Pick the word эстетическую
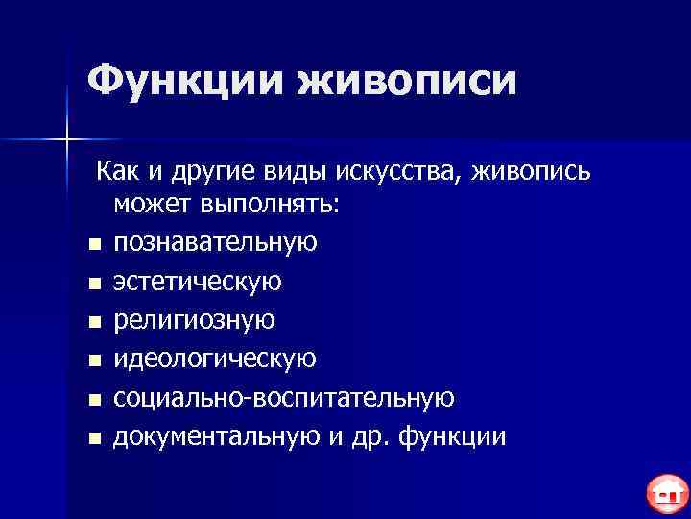coord(198,281)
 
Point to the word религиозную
coord(195,320)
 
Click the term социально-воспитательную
coord(284,398)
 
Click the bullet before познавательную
coord(92,244)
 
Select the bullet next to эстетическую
coord(92,284)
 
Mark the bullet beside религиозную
coord(92,322)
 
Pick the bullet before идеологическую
coord(92,361)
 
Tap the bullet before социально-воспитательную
coord(92,400)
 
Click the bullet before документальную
coord(92,439)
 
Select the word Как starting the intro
coord(115,170)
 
